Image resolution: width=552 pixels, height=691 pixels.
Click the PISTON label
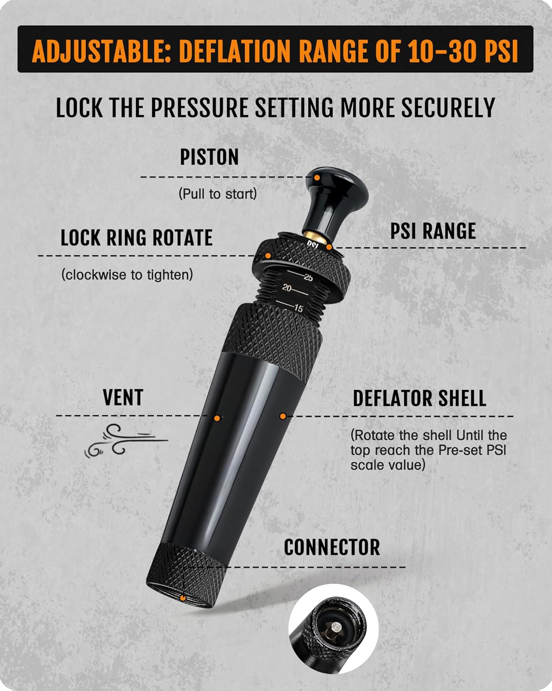tap(209, 157)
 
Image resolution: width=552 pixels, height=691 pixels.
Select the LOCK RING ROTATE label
tap(137, 238)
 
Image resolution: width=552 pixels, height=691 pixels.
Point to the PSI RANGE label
tap(433, 231)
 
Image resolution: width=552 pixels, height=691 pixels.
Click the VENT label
tap(123, 398)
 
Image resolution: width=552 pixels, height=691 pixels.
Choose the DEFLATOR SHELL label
tap(420, 398)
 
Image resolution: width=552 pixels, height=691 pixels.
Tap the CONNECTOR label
tap(332, 547)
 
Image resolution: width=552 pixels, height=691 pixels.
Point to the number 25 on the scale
tap(308, 277)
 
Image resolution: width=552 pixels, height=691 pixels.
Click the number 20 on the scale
tap(287, 288)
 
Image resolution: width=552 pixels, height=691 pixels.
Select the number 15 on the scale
tap(298, 309)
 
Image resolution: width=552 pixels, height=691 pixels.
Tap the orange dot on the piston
tap(317, 177)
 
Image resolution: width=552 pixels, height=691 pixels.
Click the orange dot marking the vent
tap(218, 418)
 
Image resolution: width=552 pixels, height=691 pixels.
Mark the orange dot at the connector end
tap(183, 598)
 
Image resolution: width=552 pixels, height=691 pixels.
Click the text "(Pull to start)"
tap(218, 194)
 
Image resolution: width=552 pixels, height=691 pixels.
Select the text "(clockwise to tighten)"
tap(127, 275)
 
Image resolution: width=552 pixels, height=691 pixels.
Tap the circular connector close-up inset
tap(333, 629)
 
